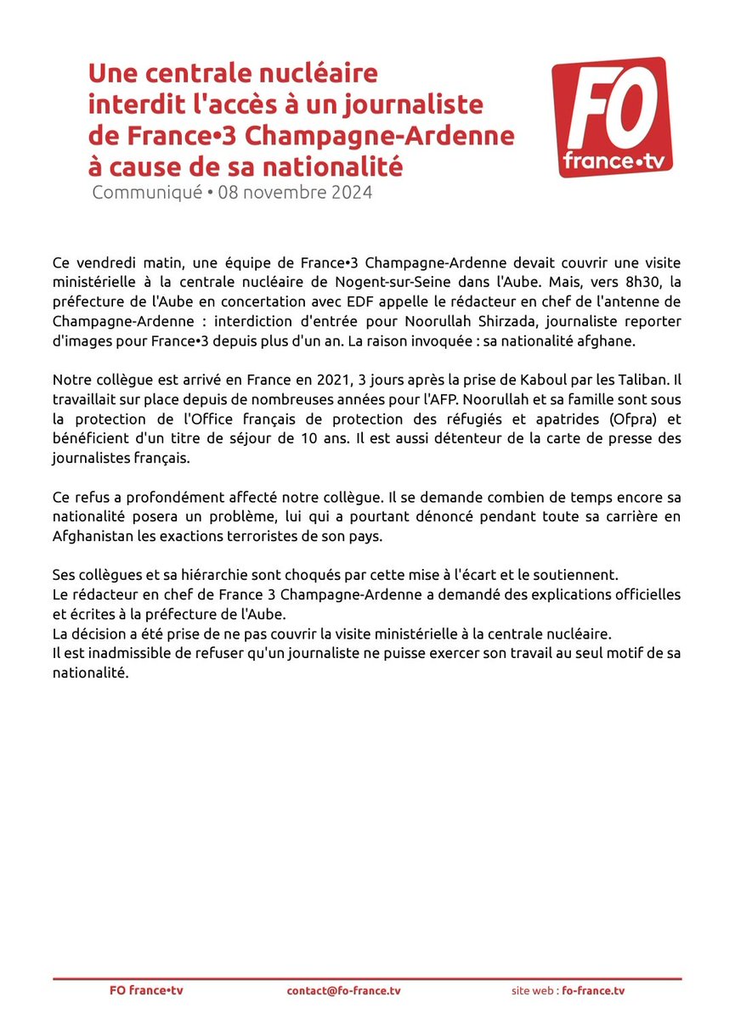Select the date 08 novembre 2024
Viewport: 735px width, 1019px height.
[x=295, y=192]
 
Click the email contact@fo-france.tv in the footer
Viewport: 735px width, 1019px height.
[x=337, y=991]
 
